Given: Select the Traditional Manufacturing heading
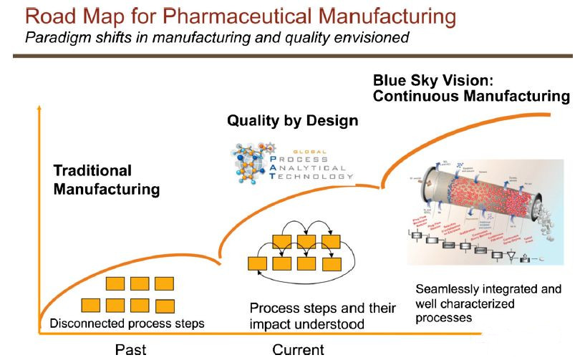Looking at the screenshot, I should click(x=106, y=180).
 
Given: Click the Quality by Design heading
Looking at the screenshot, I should click(x=292, y=120).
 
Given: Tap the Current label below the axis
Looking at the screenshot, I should click(x=298, y=350).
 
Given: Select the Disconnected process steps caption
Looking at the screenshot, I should click(x=127, y=323).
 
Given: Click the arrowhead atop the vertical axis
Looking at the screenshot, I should click(x=40, y=108).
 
